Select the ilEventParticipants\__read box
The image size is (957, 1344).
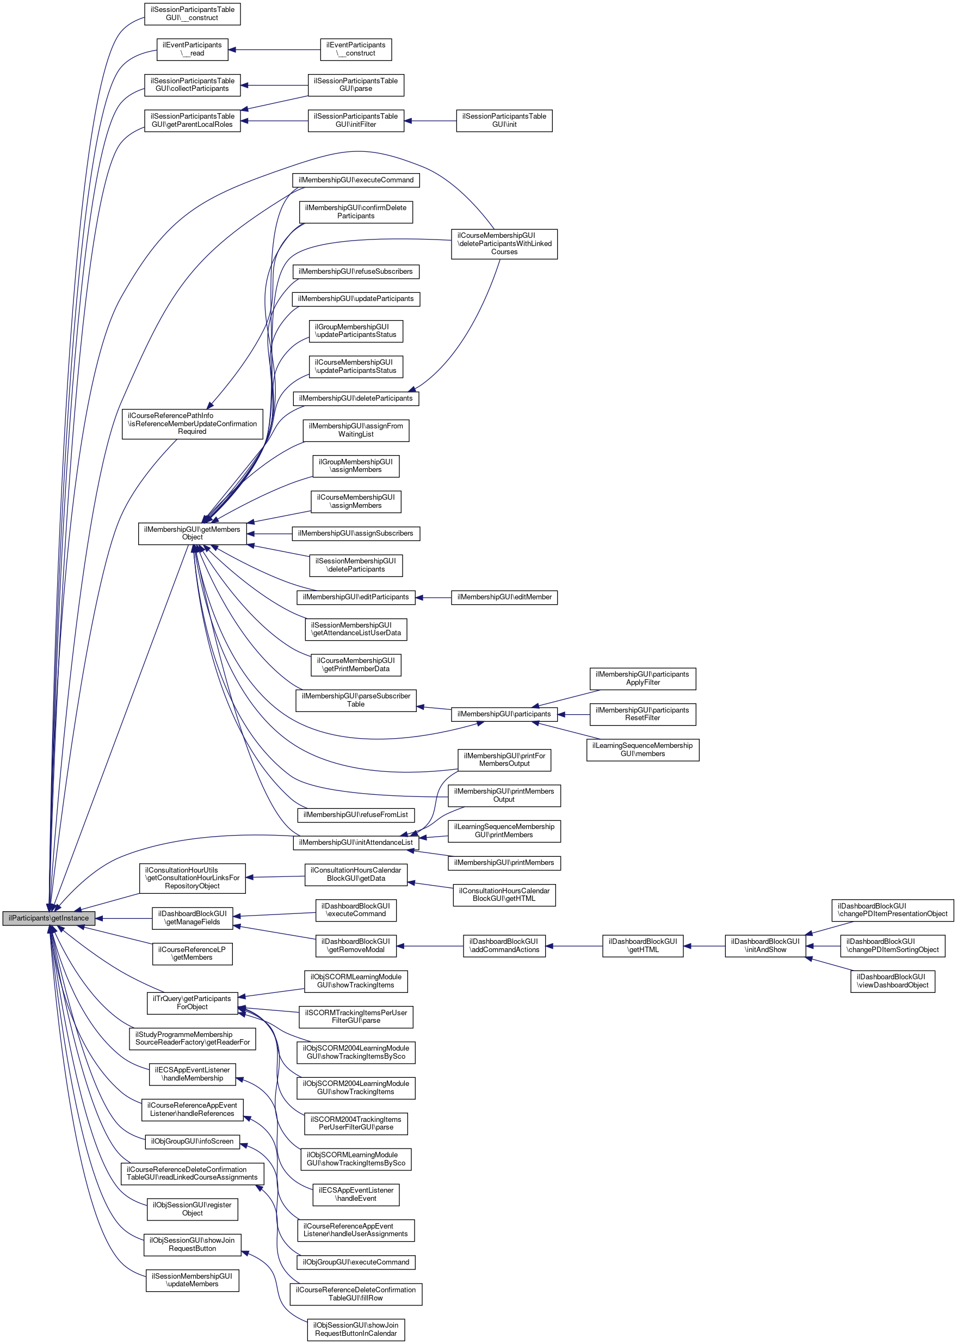click(x=192, y=49)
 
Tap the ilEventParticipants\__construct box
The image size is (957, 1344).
click(x=356, y=49)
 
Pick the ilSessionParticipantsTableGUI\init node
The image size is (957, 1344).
click(x=504, y=120)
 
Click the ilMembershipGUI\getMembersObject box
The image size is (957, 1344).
click(x=192, y=533)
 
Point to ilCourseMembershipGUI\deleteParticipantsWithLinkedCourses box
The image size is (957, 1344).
click(x=504, y=243)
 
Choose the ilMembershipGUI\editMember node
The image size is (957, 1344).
click(x=504, y=597)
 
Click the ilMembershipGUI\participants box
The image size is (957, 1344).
click(x=504, y=714)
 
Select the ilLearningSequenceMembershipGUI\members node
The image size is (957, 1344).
click(x=643, y=750)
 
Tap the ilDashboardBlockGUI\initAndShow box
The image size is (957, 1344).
click(x=765, y=946)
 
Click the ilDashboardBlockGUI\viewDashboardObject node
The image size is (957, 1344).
click(x=893, y=981)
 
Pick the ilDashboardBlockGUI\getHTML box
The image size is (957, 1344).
click(x=643, y=946)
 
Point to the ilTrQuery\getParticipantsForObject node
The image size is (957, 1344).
click(x=192, y=1003)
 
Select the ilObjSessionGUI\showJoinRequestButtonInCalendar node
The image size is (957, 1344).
click(x=356, y=1329)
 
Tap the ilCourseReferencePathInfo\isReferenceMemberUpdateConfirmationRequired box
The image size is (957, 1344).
click(x=192, y=424)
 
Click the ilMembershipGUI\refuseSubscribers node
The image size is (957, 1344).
click(x=356, y=272)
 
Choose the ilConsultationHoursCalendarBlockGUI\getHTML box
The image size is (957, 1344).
click(x=504, y=895)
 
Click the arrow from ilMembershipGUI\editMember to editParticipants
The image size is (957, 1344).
click(x=433, y=597)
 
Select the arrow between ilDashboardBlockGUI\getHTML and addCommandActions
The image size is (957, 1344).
click(x=574, y=946)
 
